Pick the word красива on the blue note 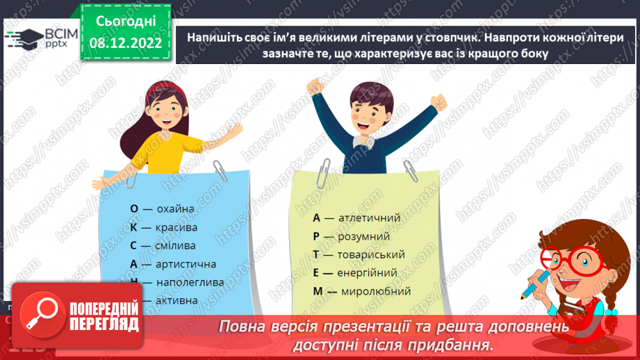point(177,227)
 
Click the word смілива point(176,245)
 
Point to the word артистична point(186,264)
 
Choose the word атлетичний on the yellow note point(370,218)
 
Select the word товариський point(372,254)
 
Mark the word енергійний point(368,273)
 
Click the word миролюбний point(375,291)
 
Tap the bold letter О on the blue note point(134,208)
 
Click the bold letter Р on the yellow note point(316,236)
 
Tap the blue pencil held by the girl point(537,284)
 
